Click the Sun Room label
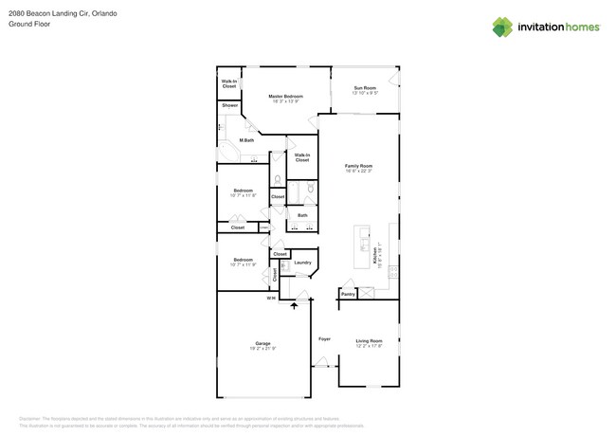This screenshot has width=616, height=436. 365,87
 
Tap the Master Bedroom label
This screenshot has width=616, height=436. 285,96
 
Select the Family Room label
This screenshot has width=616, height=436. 358,166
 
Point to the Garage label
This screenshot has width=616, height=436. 263,343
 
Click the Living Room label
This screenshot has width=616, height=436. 369,340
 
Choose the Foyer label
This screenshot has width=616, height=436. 324,338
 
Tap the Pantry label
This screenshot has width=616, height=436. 348,294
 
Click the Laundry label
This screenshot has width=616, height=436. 302,263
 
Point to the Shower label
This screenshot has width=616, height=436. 230,105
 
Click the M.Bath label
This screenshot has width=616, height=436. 246,140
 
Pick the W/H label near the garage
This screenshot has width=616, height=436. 271,299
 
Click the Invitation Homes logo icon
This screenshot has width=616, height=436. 502,27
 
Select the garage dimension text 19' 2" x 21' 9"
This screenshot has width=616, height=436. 263,349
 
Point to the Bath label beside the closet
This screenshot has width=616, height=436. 302,215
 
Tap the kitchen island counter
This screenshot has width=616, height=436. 362,246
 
